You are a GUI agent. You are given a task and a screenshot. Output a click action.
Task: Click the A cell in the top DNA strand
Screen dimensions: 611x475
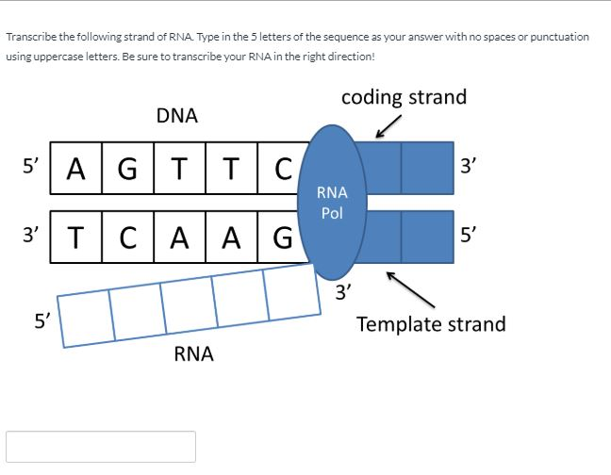[76, 168]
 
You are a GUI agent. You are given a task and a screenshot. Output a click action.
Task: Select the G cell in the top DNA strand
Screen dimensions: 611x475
[128, 168]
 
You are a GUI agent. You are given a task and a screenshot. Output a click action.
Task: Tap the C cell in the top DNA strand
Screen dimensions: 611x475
[281, 168]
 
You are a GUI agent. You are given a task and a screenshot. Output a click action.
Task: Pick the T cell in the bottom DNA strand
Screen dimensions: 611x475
[76, 237]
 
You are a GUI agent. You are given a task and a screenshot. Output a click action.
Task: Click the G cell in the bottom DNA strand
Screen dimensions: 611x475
[282, 237]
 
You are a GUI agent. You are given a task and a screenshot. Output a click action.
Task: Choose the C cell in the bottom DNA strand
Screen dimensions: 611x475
[128, 237]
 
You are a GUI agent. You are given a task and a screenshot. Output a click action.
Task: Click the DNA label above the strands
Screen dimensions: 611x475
[177, 116]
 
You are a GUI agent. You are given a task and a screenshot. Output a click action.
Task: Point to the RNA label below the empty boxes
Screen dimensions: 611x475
[193, 354]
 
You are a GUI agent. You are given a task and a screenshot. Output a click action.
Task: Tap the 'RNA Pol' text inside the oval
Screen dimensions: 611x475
[332, 203]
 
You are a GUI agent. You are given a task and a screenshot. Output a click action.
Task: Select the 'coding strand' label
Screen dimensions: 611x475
[405, 97]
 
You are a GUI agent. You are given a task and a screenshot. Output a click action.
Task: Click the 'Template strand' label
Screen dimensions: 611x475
[431, 324]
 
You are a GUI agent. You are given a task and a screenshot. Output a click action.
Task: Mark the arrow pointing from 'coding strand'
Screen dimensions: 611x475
[388, 126]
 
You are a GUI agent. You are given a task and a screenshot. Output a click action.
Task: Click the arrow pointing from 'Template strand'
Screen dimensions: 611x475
[410, 289]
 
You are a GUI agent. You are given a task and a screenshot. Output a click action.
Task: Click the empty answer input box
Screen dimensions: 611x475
[101, 447]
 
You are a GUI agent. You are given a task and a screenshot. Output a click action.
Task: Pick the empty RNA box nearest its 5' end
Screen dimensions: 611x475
[86, 319]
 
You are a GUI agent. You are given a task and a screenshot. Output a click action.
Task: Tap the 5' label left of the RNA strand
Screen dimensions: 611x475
[42, 321]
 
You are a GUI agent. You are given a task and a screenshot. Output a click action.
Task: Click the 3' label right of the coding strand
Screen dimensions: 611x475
[469, 166]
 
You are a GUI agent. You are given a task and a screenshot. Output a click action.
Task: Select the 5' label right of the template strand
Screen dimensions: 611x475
[469, 235]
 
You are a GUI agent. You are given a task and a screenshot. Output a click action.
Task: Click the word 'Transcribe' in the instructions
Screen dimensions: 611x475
[31, 37]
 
